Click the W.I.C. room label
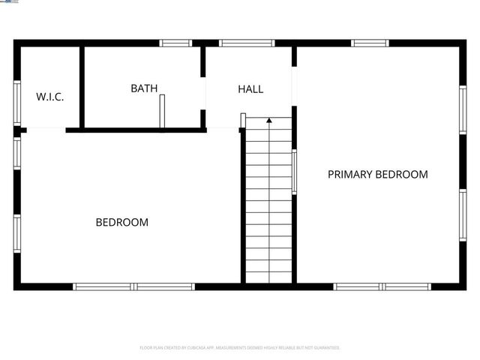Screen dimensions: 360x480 (x=50, y=97)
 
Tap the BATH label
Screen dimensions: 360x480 (x=144, y=88)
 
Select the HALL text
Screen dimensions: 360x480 (x=250, y=89)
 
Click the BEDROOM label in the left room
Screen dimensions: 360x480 (x=121, y=223)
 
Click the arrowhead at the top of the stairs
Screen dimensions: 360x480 (x=268, y=119)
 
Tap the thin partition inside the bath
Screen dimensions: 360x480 (x=161, y=112)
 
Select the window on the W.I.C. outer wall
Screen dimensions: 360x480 (x=17, y=101)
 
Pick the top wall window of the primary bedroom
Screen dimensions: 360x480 (x=370, y=43)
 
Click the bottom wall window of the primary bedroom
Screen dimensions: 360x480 (x=382, y=286)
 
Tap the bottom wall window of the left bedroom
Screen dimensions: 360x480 (x=133, y=286)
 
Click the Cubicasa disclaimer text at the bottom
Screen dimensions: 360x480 (x=240, y=348)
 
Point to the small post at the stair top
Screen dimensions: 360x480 (x=243, y=120)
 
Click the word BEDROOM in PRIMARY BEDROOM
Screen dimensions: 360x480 (x=402, y=175)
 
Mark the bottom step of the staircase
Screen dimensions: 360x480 (x=268, y=277)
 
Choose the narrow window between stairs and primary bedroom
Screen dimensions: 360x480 (x=294, y=172)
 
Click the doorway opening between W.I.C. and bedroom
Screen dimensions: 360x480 (x=46, y=130)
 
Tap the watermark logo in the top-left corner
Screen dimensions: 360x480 (x=10, y=3)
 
